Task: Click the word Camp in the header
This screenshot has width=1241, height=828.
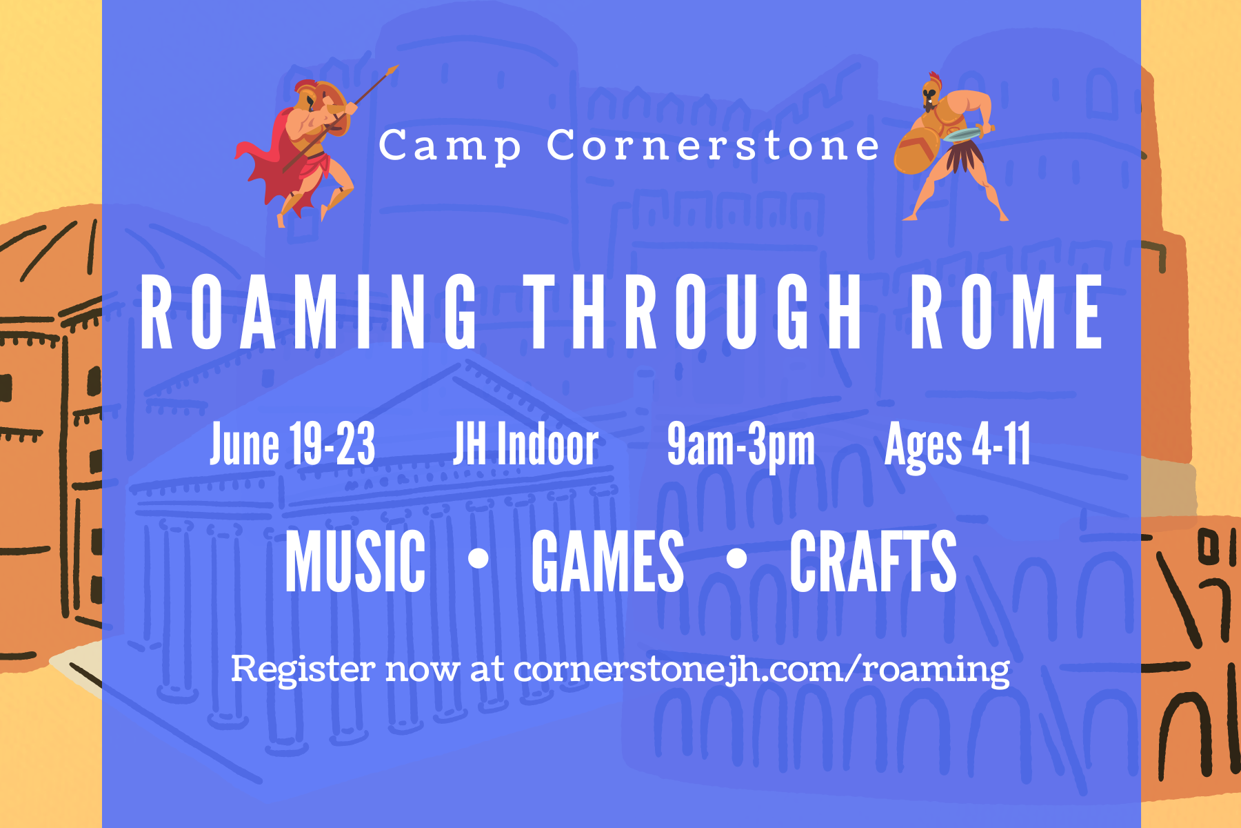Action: point(450,147)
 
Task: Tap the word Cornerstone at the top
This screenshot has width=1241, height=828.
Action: point(714,146)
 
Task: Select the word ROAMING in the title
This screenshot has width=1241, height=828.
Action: point(309,312)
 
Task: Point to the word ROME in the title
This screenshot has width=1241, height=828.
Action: point(1006,312)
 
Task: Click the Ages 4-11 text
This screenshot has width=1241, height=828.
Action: point(958,446)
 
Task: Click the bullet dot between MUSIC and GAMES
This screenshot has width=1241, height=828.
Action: point(478,558)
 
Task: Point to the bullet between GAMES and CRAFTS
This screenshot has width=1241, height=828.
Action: point(736,558)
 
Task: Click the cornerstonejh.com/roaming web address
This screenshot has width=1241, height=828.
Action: point(761,669)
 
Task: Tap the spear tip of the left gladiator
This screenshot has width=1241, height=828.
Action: point(393,69)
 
